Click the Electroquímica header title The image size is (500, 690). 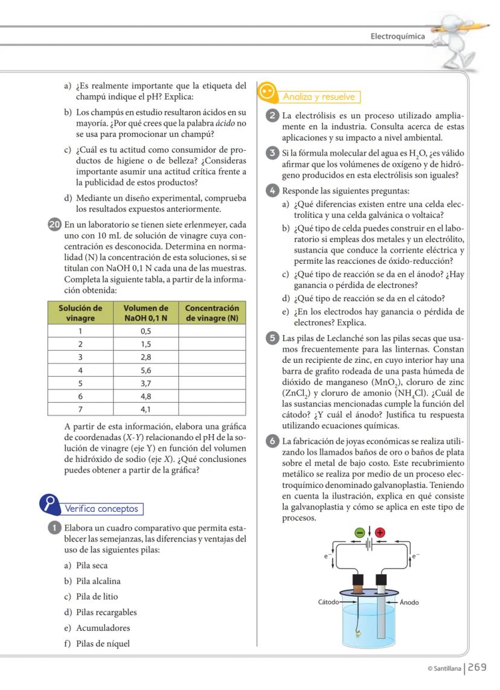397,36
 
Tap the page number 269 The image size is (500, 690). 476,668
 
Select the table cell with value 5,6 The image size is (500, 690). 146,370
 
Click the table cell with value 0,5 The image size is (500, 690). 146,331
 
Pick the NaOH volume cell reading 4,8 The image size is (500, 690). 146,397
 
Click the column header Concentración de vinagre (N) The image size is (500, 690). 212,313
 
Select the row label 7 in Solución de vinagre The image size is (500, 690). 80,410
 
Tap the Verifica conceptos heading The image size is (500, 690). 101,509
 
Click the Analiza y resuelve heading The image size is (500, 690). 319,97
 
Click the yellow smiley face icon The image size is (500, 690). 267,93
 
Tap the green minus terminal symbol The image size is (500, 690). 360,532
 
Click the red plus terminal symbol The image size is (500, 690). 380,532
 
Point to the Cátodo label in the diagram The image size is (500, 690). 329,602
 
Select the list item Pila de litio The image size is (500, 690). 97,596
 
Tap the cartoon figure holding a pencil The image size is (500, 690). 461,36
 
